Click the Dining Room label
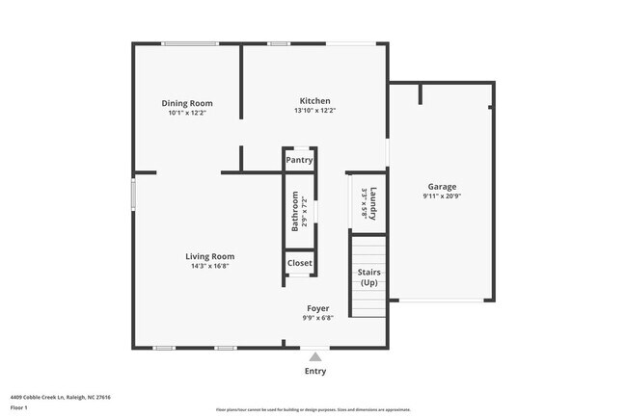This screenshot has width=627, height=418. pyautogui.click(x=186, y=103)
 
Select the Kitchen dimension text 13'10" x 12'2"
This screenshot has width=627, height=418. pyautogui.click(x=314, y=111)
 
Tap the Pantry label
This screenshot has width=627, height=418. pyautogui.click(x=299, y=160)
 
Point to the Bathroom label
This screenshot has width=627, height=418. pyautogui.click(x=296, y=212)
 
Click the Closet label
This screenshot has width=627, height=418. pyautogui.click(x=299, y=262)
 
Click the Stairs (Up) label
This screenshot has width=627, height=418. pyautogui.click(x=368, y=277)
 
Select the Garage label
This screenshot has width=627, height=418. pyautogui.click(x=442, y=187)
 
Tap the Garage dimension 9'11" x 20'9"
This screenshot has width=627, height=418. pyautogui.click(x=442, y=196)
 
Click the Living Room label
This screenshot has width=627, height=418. pyautogui.click(x=210, y=256)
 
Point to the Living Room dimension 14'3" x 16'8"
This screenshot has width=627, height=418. pyautogui.click(x=210, y=266)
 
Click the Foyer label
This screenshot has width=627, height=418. pyautogui.click(x=317, y=308)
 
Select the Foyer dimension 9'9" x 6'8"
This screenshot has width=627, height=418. pyautogui.click(x=317, y=318)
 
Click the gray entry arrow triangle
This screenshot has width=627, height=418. pyautogui.click(x=314, y=356)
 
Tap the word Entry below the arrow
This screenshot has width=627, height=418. pyautogui.click(x=315, y=371)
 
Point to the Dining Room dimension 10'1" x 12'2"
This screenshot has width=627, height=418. pyautogui.click(x=186, y=113)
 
